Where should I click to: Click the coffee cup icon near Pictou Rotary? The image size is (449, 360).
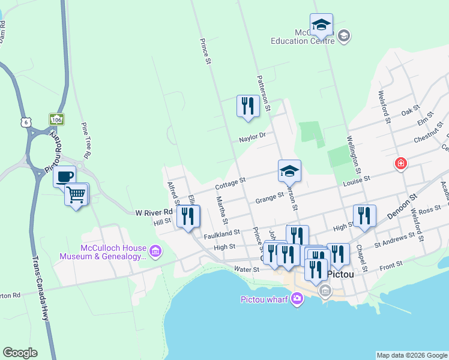pyautogui.click(x=65, y=176)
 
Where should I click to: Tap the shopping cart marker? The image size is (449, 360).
pyautogui.click(x=76, y=194)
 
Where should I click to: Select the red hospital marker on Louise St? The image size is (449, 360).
pyautogui.click(x=401, y=163)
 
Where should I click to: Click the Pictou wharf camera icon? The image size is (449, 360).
pyautogui.click(x=297, y=298)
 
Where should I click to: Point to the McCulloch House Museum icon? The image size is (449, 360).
pyautogui.click(x=155, y=250)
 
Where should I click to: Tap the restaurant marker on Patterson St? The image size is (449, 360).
pyautogui.click(x=247, y=106)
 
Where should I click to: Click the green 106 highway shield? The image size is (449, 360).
pyautogui.click(x=57, y=119)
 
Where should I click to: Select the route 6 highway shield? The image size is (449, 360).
pyautogui.click(x=25, y=122)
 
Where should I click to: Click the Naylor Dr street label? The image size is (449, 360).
pyautogui.click(x=252, y=137)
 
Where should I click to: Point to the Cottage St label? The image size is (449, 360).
pyautogui.click(x=231, y=180)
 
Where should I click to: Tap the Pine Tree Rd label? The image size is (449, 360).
pyautogui.click(x=86, y=141)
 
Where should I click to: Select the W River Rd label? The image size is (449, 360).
pyautogui.click(x=154, y=212)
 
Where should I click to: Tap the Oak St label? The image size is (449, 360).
pyautogui.click(x=410, y=112)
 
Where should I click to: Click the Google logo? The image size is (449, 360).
pyautogui.click(x=20, y=353)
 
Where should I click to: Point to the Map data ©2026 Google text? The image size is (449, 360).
pyautogui.click(x=411, y=355)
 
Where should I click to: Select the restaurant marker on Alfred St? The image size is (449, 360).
pyautogui.click(x=188, y=217)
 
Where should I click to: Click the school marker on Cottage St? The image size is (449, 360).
pyautogui.click(x=289, y=171)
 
